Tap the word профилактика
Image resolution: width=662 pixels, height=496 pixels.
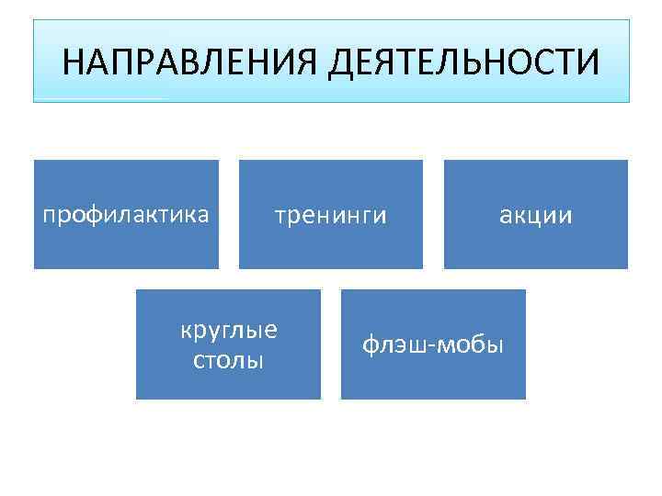click(x=127, y=215)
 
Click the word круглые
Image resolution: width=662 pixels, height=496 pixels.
click(x=229, y=331)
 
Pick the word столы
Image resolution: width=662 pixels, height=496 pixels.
click(x=229, y=359)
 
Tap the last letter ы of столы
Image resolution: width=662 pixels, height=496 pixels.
click(x=257, y=360)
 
